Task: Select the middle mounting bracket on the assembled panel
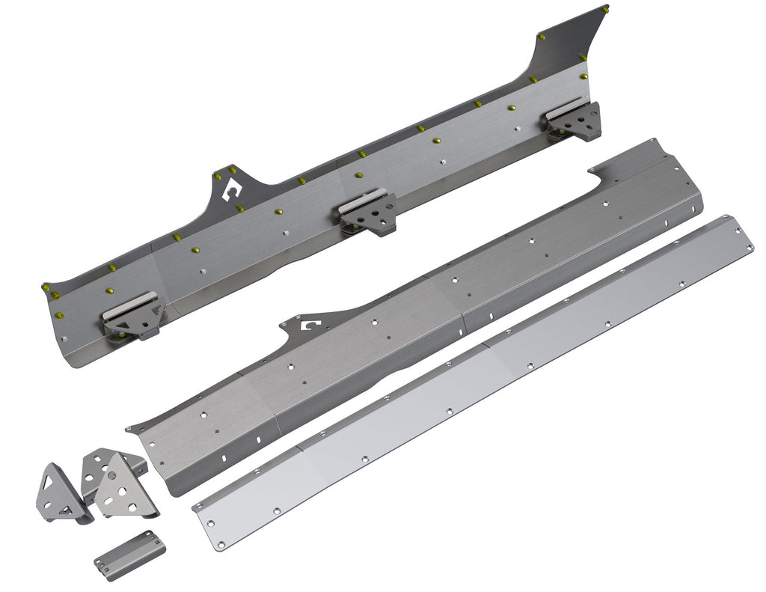point(369,213)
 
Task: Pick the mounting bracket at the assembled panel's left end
point(135,318)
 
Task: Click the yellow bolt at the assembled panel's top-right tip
point(606,9)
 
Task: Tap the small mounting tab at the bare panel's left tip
point(131,428)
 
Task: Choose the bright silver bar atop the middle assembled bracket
point(363,198)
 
